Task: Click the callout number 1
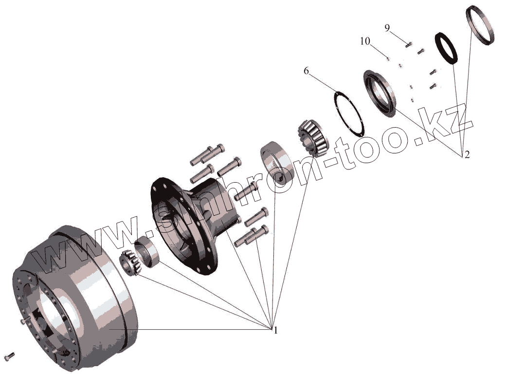(x=275, y=330)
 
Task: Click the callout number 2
(x=467, y=155)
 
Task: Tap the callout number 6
(x=306, y=71)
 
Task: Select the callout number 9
(x=387, y=28)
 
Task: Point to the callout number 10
(x=365, y=41)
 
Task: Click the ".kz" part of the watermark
(x=443, y=124)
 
